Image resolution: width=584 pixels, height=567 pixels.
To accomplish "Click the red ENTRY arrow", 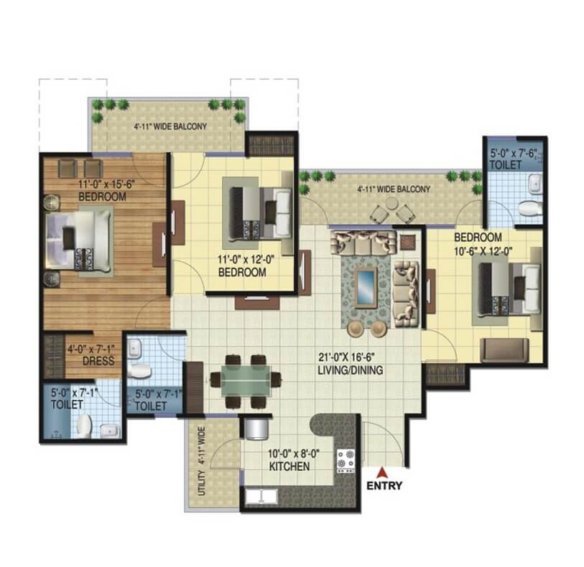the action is [x=381, y=472].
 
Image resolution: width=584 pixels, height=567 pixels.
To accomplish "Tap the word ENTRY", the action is [x=384, y=485].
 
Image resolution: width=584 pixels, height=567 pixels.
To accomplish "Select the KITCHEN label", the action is [x=289, y=467].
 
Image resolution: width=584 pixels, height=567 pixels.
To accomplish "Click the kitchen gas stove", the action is [x=346, y=461].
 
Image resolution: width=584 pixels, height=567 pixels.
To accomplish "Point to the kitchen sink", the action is [x=261, y=497].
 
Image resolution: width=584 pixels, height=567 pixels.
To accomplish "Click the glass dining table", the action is [x=246, y=381].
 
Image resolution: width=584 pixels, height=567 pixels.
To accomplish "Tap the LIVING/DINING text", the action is [x=350, y=370].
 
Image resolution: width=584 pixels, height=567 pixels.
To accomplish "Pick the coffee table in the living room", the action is [x=366, y=287].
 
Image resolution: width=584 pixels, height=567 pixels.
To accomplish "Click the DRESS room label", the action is [x=98, y=360].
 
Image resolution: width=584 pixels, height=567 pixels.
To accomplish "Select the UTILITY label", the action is [x=202, y=482].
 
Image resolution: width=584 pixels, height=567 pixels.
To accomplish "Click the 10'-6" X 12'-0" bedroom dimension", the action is [x=483, y=251].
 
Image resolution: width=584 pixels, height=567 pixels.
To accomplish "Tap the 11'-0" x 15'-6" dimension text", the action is [x=106, y=184].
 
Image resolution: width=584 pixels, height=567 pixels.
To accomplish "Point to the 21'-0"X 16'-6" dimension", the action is [x=346, y=357].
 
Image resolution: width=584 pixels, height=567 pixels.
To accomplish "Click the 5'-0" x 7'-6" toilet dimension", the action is [x=514, y=154].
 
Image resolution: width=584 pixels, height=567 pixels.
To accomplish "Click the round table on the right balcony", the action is [x=391, y=203].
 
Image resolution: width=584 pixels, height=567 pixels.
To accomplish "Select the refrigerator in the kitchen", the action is [x=256, y=428].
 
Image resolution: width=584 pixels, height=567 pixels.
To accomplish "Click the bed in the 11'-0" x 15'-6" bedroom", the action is [x=79, y=241].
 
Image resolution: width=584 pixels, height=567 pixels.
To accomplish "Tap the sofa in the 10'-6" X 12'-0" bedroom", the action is [x=505, y=350].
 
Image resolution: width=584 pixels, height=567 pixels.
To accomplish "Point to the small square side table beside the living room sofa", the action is [x=408, y=242].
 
